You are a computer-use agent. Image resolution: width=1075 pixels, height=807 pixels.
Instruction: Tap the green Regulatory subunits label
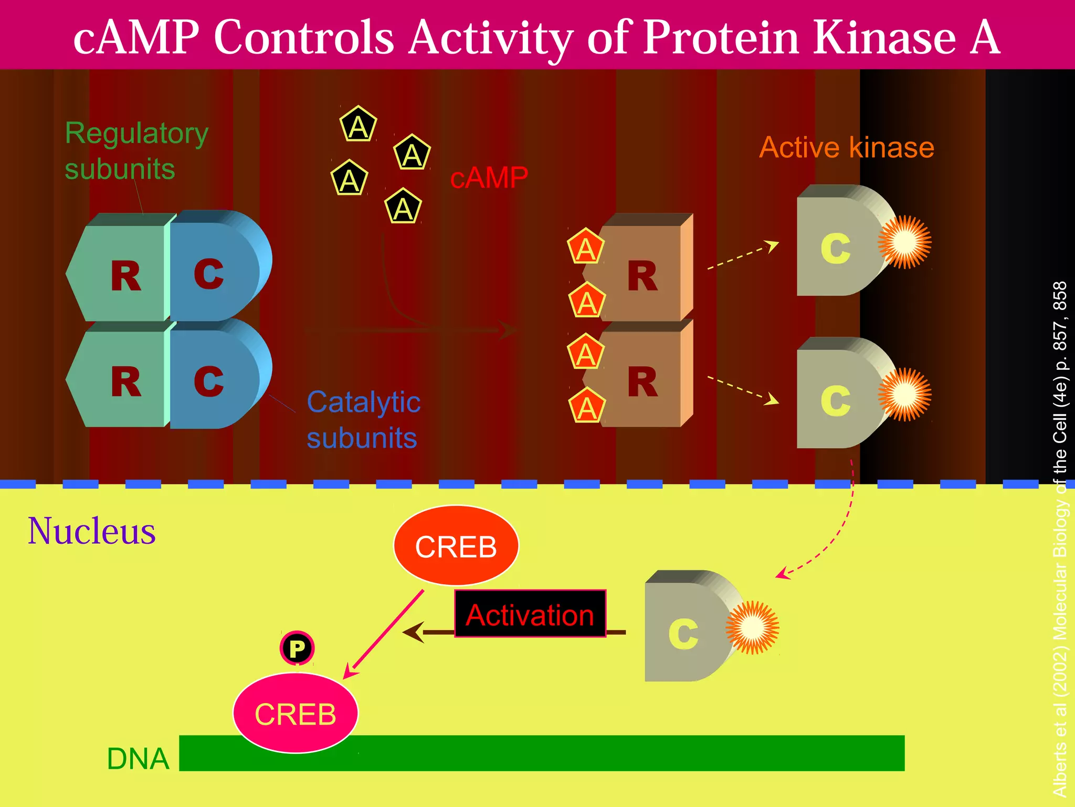click(136, 150)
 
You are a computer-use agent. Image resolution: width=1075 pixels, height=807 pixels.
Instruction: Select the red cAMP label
click(489, 178)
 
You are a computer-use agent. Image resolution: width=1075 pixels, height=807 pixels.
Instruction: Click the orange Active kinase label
click(846, 147)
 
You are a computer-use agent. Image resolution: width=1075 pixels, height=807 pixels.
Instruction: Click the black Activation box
click(530, 614)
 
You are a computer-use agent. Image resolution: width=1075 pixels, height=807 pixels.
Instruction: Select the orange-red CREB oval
click(456, 546)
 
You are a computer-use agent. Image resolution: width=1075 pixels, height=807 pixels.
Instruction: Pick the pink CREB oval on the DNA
click(296, 713)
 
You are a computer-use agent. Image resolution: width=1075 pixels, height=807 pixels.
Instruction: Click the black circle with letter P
click(297, 648)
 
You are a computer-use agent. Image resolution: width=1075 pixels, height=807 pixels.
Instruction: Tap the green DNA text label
click(138, 759)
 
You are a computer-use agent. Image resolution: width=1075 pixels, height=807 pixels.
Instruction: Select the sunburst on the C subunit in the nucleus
click(752, 627)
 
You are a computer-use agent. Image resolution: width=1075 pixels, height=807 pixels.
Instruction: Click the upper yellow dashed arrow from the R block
click(743, 256)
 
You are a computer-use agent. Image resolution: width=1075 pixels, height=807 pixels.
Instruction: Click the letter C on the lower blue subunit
click(208, 381)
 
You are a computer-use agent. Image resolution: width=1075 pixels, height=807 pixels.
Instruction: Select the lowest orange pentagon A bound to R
click(587, 407)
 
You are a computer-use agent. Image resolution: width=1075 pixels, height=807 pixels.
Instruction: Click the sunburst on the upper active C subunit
click(904, 242)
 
